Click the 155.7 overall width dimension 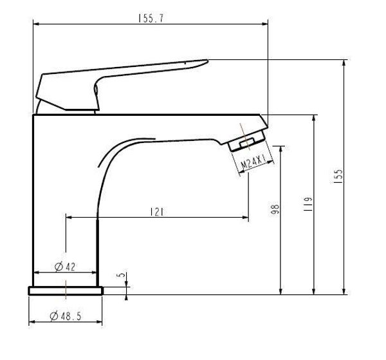151,19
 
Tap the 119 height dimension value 308,204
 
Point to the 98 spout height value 275,209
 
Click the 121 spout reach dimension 157,212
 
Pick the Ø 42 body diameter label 65,267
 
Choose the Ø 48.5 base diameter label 65,316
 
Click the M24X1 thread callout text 253,162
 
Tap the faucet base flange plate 66,290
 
